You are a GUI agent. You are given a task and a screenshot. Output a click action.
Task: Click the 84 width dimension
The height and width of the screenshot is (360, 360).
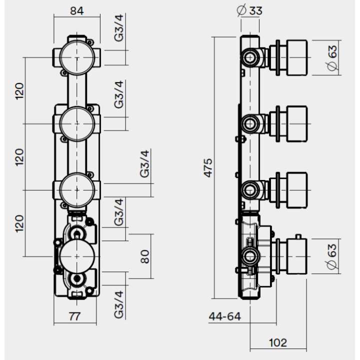pos(77,11)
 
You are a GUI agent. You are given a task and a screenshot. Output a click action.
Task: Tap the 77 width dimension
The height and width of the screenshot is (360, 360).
pos(75,316)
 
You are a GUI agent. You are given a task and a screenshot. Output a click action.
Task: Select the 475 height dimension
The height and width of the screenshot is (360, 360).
pos(208,168)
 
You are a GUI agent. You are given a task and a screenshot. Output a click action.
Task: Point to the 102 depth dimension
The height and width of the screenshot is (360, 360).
pos(278,343)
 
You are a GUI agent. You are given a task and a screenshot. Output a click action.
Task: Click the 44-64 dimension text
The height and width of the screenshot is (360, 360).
pos(225,316)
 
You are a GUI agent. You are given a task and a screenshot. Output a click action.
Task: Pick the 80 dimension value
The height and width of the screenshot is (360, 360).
pos(144,256)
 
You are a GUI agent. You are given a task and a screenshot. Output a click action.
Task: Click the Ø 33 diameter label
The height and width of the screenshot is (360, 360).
pos(249,10)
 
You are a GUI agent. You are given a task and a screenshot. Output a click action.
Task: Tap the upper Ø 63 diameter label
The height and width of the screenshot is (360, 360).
pos(332,58)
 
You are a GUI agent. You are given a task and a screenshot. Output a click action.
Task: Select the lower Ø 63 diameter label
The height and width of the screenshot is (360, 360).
pos(332,256)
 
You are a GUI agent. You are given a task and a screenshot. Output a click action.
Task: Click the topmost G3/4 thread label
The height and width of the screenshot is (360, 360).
pos(118,28)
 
